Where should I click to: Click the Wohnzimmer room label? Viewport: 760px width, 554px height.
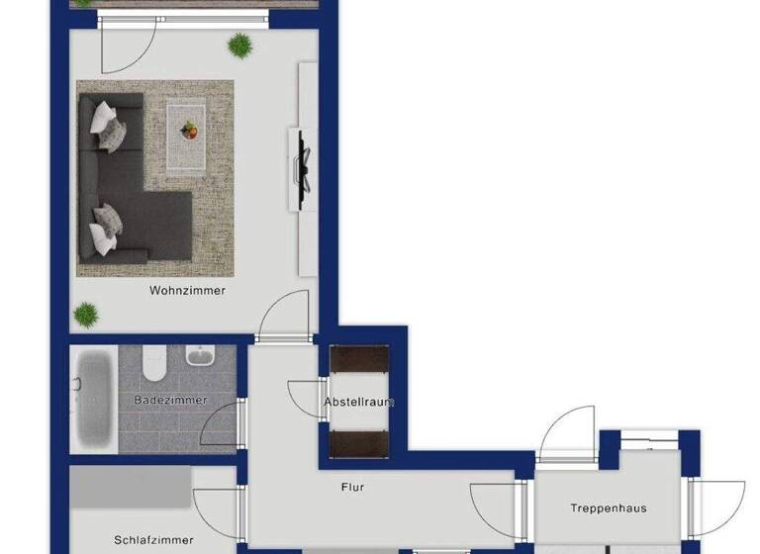point(187,291)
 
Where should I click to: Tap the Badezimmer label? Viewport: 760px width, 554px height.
point(170,400)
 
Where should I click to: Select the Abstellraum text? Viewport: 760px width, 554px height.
point(359,402)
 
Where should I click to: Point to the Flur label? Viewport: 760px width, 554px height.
point(352,487)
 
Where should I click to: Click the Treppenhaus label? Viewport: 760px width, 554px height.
point(608,508)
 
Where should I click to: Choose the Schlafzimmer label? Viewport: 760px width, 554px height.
point(153,540)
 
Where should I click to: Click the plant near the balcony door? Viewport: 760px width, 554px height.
point(239,45)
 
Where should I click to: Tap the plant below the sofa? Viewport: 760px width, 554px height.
point(86,316)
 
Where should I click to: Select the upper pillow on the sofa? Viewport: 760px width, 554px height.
point(106,123)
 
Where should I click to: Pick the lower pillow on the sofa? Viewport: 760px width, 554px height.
point(105,229)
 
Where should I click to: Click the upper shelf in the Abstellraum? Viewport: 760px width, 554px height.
point(359,358)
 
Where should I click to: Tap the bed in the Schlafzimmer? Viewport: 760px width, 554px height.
point(130,486)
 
